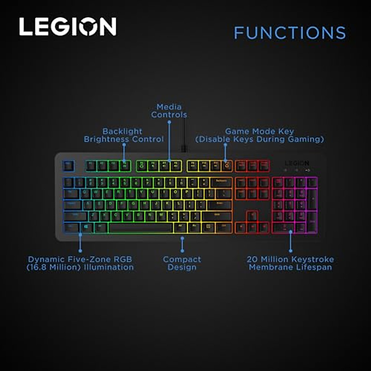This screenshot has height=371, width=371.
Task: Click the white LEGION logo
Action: coord(68,27)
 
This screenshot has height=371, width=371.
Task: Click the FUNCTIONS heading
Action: coord(290,33)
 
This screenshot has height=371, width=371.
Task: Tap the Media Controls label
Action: coord(169,111)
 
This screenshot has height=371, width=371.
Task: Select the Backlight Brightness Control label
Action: coord(124,135)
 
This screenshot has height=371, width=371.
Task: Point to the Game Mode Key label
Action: coord(260,135)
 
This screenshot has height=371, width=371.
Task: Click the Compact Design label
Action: coord(182,263)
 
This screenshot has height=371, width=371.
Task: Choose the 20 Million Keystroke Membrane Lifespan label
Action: coord(290,263)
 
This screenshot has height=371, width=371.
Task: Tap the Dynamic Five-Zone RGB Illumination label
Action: coord(80,263)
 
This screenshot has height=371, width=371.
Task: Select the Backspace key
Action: coord(221,182)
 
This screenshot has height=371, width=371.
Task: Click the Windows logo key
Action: coord(86,228)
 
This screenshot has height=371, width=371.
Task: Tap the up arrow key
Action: coord(252,216)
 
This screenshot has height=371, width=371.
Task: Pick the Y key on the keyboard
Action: coord(142,194)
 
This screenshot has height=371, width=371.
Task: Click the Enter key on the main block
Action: coord(220,205)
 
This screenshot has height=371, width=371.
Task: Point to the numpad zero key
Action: coord(284,228)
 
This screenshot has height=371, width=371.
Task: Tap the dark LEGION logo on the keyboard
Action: coord(297,163)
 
